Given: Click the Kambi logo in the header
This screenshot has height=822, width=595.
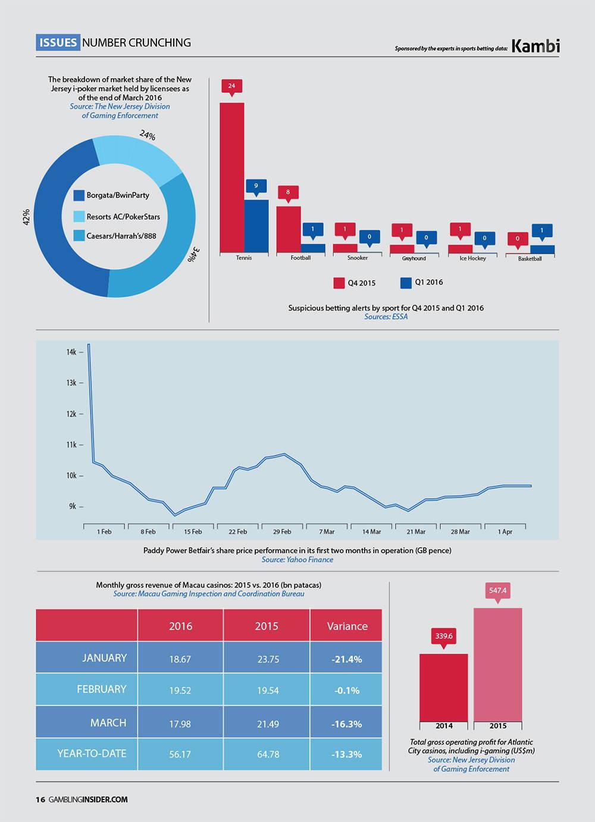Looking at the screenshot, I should point(535,46).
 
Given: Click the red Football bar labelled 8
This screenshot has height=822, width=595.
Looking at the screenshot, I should point(289,229).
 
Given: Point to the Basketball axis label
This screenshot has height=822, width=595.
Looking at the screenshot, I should point(530,259).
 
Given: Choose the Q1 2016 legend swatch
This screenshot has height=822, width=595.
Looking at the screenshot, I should point(406,283).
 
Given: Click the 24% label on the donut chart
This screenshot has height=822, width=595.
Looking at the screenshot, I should point(148,136).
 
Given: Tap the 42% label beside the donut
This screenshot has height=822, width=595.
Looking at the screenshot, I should point(26,216).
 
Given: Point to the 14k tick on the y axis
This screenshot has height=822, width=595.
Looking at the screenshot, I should point(72,352).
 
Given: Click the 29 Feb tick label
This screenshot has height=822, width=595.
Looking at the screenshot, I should point(282,532).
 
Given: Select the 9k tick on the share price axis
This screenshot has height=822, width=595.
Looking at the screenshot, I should point(73,507).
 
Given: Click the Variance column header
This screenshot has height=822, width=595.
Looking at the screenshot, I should point(347,626).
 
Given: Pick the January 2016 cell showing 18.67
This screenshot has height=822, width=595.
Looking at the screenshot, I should point(180,659).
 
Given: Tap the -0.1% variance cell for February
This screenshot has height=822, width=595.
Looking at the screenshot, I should point(347,690).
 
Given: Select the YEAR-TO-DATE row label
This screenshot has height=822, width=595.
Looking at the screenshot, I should point(92,754).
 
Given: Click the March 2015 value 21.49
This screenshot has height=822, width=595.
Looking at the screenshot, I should point(267,724).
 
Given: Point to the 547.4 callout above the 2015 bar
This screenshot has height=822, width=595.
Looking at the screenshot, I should point(497,590).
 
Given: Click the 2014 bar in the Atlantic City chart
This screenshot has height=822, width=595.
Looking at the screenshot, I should point(443,687).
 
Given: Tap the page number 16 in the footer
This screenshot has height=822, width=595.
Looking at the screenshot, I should point(40,799).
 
